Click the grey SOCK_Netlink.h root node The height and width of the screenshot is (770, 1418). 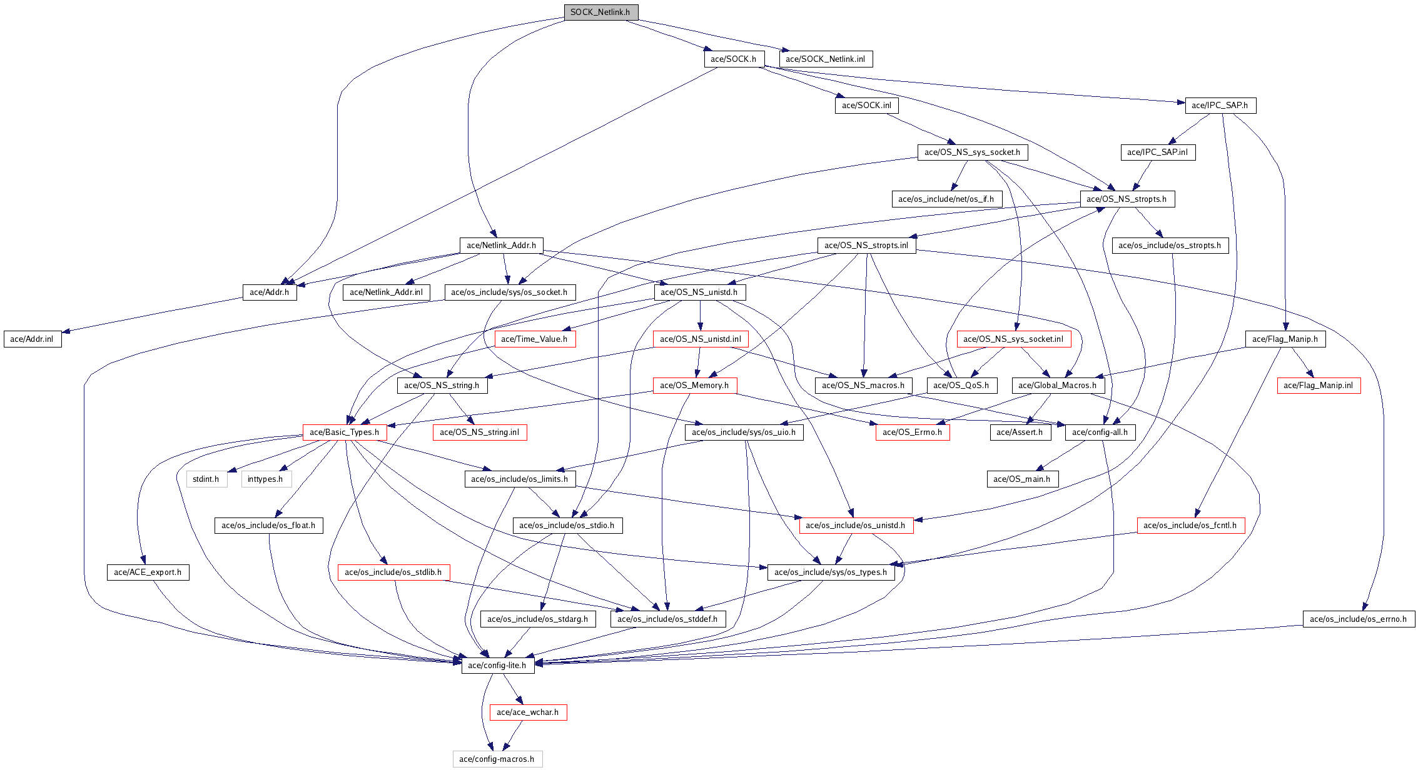pos(600,12)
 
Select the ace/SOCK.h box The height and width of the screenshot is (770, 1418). pos(733,59)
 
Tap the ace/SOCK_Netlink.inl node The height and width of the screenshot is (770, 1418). pos(825,59)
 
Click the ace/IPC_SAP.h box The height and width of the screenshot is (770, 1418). pos(1220,106)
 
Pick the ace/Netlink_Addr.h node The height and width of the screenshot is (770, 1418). pos(501,246)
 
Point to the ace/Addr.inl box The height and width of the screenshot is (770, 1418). pos(32,339)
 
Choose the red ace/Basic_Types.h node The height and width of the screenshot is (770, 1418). pos(344,432)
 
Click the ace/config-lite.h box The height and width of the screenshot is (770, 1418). pos(497,666)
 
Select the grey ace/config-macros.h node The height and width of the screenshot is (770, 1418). pos(497,759)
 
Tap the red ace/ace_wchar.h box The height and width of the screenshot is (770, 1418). pos(527,712)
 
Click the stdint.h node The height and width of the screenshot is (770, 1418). pos(206,479)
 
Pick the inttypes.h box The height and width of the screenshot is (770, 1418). pos(265,479)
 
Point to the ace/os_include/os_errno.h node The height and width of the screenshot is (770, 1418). pos(1358,619)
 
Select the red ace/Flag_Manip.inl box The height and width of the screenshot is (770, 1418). pos(1318,386)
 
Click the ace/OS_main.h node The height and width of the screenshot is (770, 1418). pos(1022,479)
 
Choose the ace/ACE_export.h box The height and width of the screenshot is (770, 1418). pos(148,572)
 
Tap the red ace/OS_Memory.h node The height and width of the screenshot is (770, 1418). pos(694,386)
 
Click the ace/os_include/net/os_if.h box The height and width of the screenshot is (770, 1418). pos(946,199)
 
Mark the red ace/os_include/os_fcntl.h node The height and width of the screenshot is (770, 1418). pos(1190,526)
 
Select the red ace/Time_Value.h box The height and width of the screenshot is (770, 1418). pos(534,339)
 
